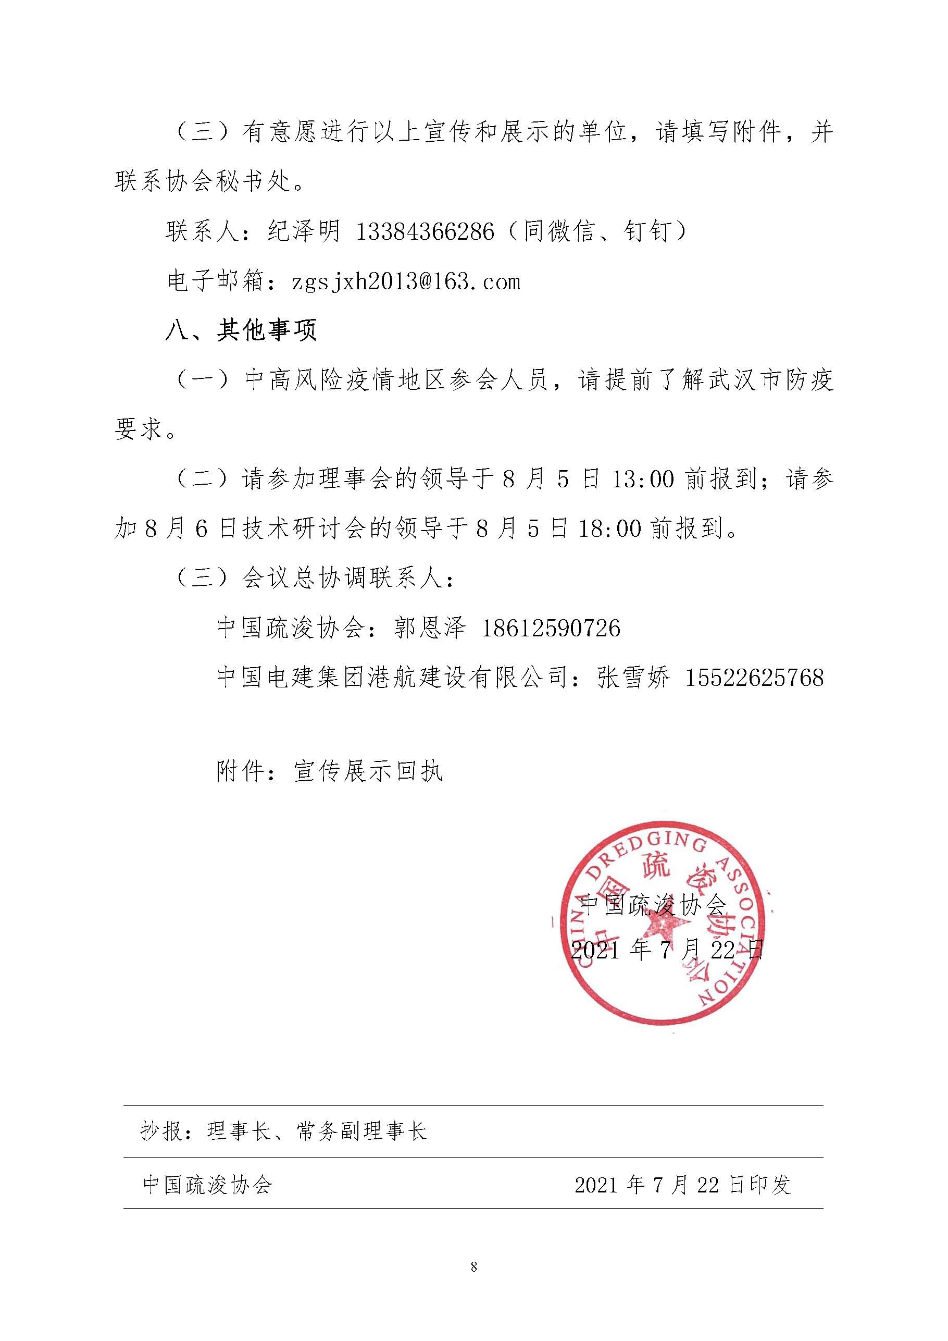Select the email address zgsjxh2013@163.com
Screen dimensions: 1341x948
[406, 282]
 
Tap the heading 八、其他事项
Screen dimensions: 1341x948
[241, 331]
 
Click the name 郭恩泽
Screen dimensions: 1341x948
[429, 629]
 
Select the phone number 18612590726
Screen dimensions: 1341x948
[551, 629]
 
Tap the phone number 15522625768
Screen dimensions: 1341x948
[754, 678]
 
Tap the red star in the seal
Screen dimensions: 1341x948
[663, 929]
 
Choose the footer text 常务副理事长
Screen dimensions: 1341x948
[362, 1131]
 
